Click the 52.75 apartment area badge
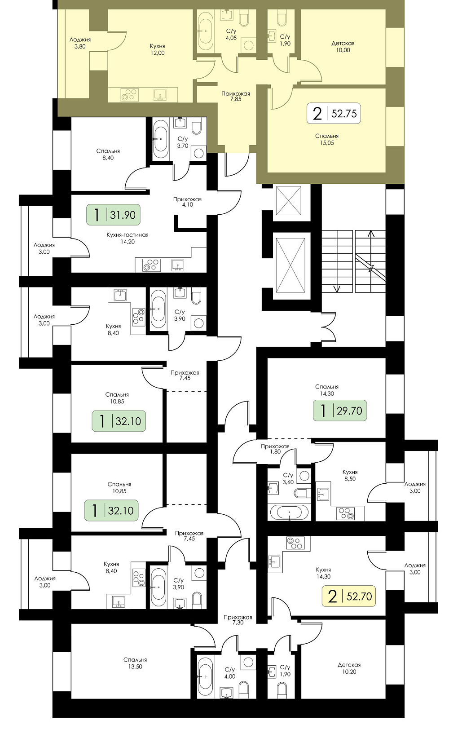[334, 113]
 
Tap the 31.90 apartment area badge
[113, 215]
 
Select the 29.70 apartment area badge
[340, 411]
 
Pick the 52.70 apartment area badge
[349, 596]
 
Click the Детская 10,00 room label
[343, 47]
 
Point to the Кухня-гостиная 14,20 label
[128, 238]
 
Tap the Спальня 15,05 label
[327, 139]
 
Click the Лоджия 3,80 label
[80, 43]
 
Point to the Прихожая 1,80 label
[275, 449]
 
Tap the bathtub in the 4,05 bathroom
[206, 31]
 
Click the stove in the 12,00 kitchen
[129, 95]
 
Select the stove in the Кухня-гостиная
[151, 265]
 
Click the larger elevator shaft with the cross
[291, 265]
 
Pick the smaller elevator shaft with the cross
[289, 200]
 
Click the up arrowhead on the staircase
[371, 234]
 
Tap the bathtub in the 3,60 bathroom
[289, 512]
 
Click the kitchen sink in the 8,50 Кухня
[324, 495]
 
